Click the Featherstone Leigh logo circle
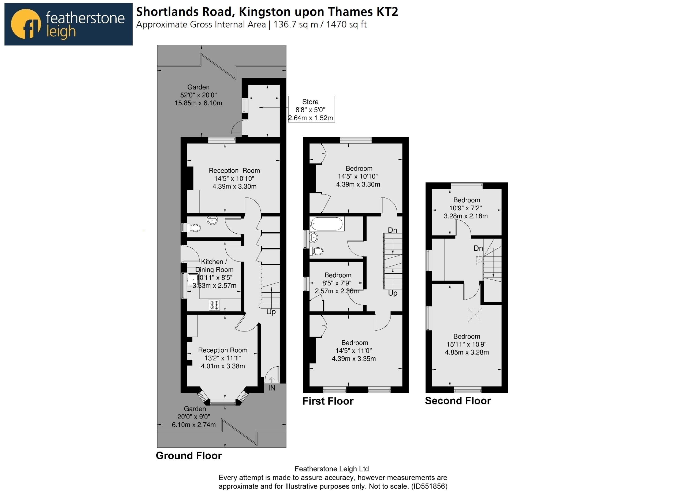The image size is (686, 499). click(26, 24)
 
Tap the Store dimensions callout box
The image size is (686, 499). click(312, 109)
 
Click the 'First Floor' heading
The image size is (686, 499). click(328, 401)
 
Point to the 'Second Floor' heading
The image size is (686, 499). click(458, 401)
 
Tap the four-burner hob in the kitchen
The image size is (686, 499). click(214, 305)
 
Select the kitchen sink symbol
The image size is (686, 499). click(193, 280)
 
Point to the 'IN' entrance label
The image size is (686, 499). click(272, 388)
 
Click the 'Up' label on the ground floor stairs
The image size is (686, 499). click(271, 312)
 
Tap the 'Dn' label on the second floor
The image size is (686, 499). click(478, 248)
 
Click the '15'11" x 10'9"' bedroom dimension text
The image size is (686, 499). click(467, 344)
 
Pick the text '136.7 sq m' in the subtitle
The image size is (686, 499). click(296, 24)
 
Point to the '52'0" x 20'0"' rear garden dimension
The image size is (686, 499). click(198, 95)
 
